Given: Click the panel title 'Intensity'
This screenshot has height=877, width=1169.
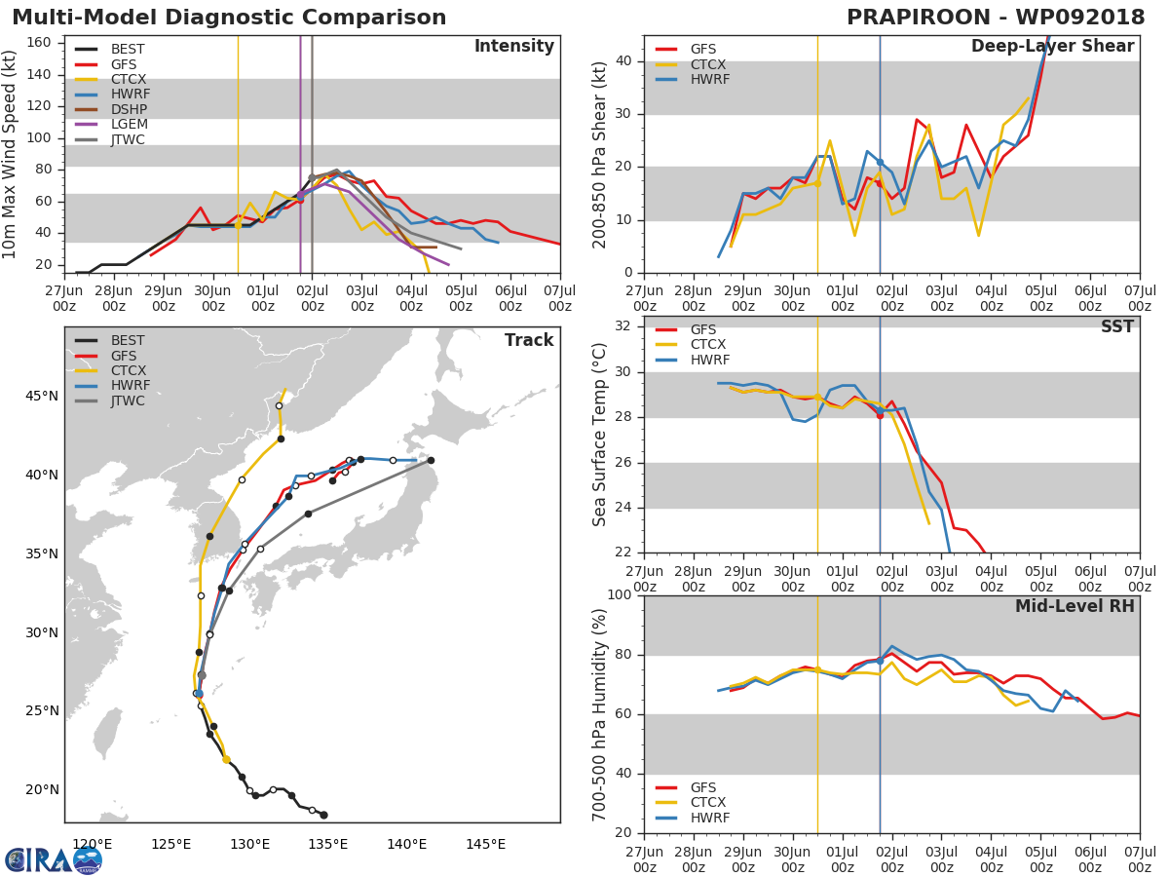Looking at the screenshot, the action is (x=514, y=47).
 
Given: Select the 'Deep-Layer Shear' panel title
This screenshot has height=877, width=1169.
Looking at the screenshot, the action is (x=1052, y=47).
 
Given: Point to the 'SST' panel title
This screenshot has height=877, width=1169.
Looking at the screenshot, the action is (x=1117, y=325).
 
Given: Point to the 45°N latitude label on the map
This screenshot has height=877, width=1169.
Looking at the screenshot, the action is (x=42, y=397).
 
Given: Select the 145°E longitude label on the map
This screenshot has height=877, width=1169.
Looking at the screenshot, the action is (x=486, y=844).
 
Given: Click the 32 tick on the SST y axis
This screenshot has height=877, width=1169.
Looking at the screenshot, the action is (x=623, y=325).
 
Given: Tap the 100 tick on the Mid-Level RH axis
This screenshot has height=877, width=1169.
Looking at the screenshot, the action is (x=620, y=594).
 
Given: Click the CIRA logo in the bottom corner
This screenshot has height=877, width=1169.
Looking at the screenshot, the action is (x=54, y=860).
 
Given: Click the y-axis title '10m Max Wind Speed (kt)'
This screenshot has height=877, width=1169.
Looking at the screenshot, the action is (x=9, y=154).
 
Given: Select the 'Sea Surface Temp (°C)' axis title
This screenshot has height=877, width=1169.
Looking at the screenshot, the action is (x=598, y=435).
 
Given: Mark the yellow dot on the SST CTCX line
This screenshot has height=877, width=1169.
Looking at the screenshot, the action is (x=817, y=398).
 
